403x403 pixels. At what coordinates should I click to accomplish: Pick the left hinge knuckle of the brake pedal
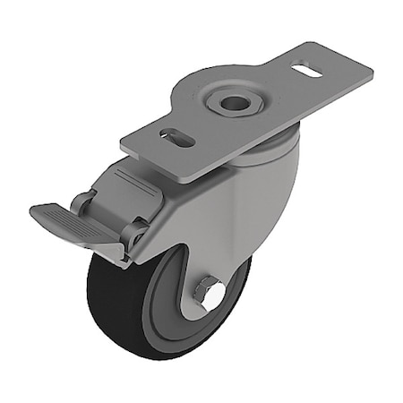pyautogui.click(x=85, y=201)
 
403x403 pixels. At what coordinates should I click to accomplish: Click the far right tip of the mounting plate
pyautogui.click(x=371, y=67)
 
